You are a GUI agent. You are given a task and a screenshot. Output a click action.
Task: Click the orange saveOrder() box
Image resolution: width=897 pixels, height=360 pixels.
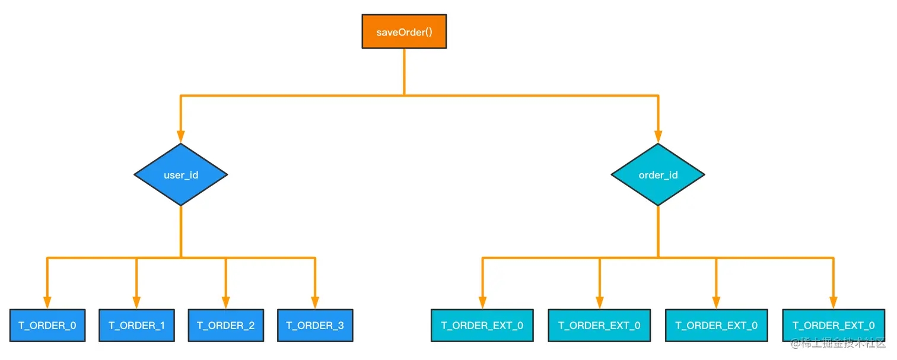pos(404,31)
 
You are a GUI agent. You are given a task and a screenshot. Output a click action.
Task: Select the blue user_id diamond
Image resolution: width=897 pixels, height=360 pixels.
pos(180,174)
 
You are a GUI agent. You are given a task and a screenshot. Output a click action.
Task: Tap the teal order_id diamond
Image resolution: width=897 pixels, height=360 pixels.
pos(658,174)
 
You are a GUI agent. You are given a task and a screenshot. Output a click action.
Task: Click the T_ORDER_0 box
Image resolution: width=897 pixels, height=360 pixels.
pos(47,325)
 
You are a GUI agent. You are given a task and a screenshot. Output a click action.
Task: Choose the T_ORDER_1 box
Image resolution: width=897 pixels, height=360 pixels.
pos(136,325)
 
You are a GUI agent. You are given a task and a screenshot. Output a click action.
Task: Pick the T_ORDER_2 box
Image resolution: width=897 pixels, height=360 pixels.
pos(226,325)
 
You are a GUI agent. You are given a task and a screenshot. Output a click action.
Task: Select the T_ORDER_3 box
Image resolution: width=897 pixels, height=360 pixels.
pos(315,325)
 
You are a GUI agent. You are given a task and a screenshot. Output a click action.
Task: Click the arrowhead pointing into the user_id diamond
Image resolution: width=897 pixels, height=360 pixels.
pos(180,136)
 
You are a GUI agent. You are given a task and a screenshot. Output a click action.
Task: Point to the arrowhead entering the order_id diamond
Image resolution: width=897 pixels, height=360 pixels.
pos(658,136)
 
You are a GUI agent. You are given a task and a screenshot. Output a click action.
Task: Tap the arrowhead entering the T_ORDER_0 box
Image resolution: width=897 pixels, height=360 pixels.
pos(47,302)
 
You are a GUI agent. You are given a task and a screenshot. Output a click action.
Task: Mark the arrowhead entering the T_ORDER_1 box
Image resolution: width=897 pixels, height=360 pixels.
pos(136,302)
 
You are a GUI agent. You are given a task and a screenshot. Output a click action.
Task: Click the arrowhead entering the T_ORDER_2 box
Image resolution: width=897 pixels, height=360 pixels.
pos(226,302)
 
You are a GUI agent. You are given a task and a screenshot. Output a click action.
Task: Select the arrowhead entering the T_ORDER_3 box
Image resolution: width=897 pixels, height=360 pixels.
pos(315,302)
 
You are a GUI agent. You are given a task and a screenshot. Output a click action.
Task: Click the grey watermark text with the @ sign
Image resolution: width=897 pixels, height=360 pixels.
pos(838,343)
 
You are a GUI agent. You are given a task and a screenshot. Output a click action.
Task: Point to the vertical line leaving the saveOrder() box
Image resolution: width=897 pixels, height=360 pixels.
pos(404,72)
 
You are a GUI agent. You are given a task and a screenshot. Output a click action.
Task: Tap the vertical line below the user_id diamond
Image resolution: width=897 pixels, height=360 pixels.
pos(181,231)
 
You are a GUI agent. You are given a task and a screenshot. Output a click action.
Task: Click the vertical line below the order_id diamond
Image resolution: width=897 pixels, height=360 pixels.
pos(658,231)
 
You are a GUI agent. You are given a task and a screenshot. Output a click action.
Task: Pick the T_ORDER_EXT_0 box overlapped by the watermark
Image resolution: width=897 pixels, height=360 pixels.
pos(834,325)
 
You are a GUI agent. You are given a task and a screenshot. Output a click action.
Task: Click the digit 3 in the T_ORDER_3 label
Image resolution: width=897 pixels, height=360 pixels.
pos(341,326)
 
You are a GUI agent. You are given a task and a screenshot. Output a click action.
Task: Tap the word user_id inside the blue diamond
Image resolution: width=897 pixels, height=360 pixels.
pos(181,175)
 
